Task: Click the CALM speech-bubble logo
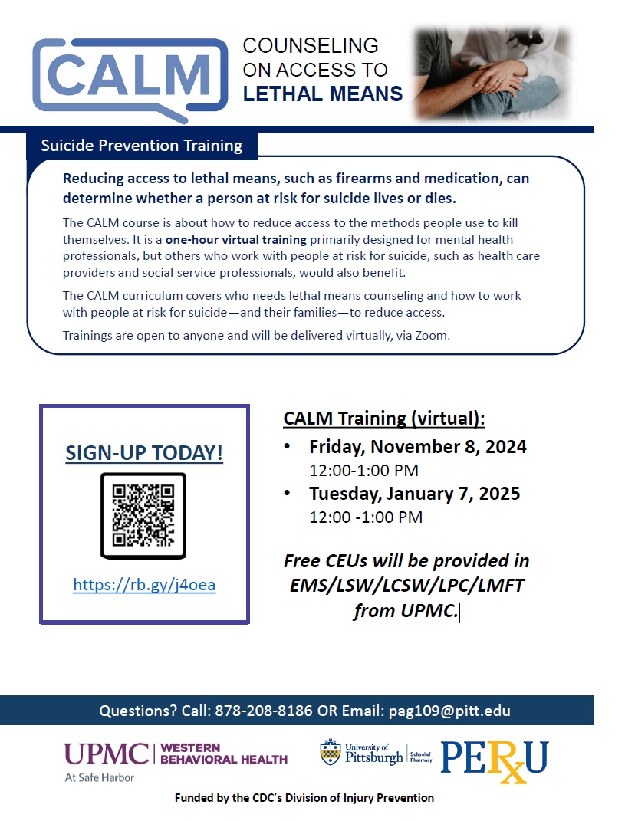coord(130,78)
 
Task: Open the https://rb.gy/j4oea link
coord(144,585)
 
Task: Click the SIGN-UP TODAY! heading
coord(144,453)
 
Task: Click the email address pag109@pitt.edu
coord(449,711)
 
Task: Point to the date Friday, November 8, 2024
coord(417,447)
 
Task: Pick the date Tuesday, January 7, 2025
coord(414,493)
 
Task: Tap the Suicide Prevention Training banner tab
coord(141,146)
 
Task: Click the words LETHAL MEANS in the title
coord(323,94)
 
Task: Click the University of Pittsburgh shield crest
coord(330,752)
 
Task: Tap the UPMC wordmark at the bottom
coord(107,754)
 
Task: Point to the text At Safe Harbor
coord(100,777)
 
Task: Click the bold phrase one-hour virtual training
coord(235,240)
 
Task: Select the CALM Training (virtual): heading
coord(384,419)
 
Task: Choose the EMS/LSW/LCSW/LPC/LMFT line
coord(407,586)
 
